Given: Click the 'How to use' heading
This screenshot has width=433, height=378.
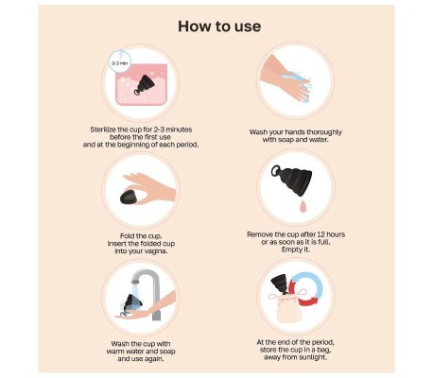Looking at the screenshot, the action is pyautogui.click(x=219, y=26).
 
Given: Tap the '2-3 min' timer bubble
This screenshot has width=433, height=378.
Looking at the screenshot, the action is pyautogui.click(x=120, y=62).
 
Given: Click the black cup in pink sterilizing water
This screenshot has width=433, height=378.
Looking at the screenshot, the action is pyautogui.click(x=145, y=85).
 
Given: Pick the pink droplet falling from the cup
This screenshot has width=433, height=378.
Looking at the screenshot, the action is pyautogui.click(x=303, y=206).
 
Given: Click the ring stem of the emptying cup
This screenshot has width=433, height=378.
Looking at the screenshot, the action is pyautogui.click(x=276, y=170).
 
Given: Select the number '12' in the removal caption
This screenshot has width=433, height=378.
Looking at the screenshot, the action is pyautogui.click(x=320, y=234).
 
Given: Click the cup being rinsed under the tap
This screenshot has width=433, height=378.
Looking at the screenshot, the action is pyautogui.click(x=133, y=302).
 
